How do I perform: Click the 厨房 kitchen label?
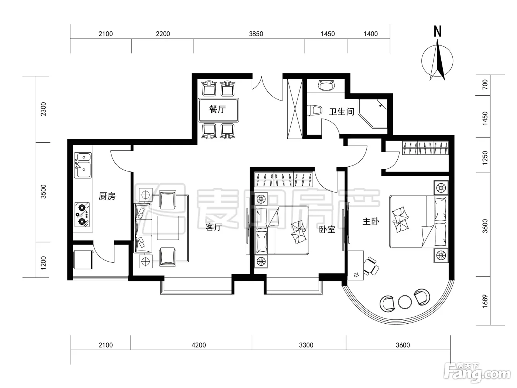coord(107,196)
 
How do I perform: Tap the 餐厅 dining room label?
coord(218,109)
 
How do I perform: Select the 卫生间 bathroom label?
coord(342,112)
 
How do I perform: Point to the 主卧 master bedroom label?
coord(371,221)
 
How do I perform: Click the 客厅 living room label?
coord(214,227)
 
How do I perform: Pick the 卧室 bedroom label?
coord(327,229)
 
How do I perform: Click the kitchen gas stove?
coord(82,214)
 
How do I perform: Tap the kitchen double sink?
coord(83,165)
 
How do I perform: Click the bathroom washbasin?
coord(326,85)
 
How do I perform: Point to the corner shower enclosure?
coord(373,113)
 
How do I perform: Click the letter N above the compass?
coord(437,31)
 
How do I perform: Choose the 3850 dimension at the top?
coord(256,34)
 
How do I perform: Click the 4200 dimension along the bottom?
coord(199,345)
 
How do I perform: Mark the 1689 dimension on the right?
coord(485,301)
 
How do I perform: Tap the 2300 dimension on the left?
coord(43,109)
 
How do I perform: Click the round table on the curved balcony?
coord(405,302)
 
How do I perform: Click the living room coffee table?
coord(168,228)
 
